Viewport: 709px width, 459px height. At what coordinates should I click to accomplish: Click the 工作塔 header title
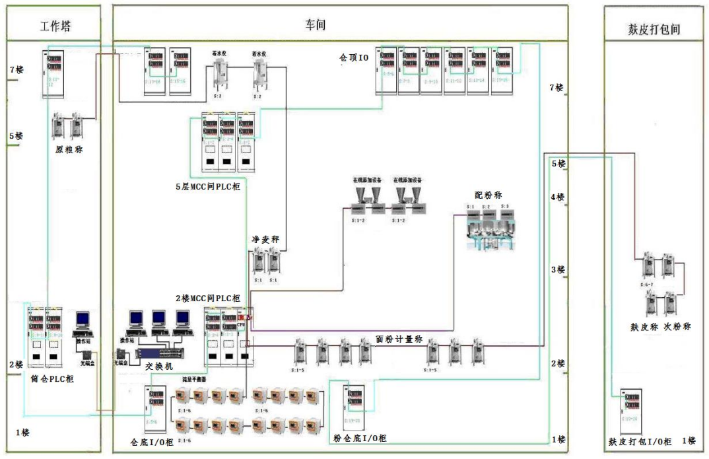pyautogui.click(x=55, y=26)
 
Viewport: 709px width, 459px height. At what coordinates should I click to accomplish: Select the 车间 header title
pyautogui.click(x=315, y=25)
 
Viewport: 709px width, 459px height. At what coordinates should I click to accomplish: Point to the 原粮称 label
pyautogui.click(x=68, y=149)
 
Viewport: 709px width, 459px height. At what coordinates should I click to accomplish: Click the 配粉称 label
pyautogui.click(x=487, y=195)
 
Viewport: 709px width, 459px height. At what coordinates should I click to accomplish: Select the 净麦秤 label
pyautogui.click(x=263, y=238)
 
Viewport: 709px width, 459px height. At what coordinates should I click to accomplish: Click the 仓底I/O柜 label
pyautogui.click(x=152, y=441)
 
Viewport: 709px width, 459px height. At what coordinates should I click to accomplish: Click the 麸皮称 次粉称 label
pyautogui.click(x=661, y=326)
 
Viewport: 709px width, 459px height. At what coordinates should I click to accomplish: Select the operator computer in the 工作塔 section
pyautogui.click(x=83, y=322)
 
